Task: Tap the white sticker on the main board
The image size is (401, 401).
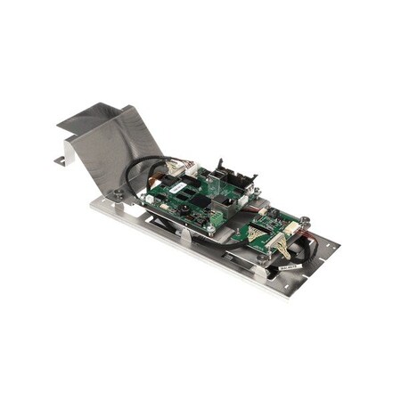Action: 177,188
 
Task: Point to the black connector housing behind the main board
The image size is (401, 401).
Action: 233,175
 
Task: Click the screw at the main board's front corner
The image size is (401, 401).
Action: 211,229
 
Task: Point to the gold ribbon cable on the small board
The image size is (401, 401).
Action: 258,235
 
